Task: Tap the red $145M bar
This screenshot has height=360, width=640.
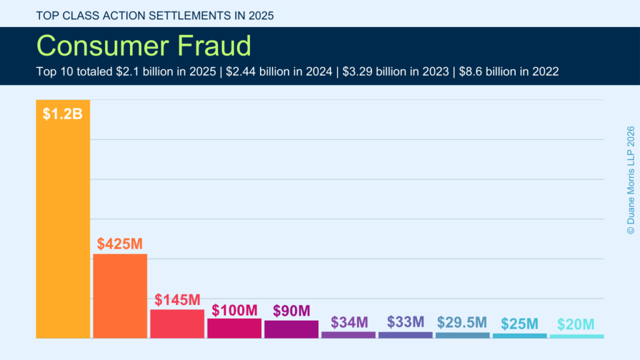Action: [x=177, y=324]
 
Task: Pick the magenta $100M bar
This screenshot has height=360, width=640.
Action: [x=234, y=328]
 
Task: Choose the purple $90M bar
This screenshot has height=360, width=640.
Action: [x=291, y=329]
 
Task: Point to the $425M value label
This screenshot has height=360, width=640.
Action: [x=120, y=244]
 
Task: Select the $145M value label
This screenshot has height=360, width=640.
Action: [x=177, y=300]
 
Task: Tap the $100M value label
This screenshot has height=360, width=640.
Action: [x=234, y=310]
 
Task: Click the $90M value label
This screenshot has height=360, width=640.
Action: [x=291, y=311]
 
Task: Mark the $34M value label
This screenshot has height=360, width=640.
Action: [x=349, y=322]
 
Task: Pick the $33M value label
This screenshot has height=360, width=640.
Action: [x=406, y=322]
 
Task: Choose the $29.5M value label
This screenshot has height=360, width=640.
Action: [x=462, y=322]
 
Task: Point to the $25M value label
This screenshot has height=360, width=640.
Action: [x=519, y=324]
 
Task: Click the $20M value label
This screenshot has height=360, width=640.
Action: [x=576, y=324]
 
